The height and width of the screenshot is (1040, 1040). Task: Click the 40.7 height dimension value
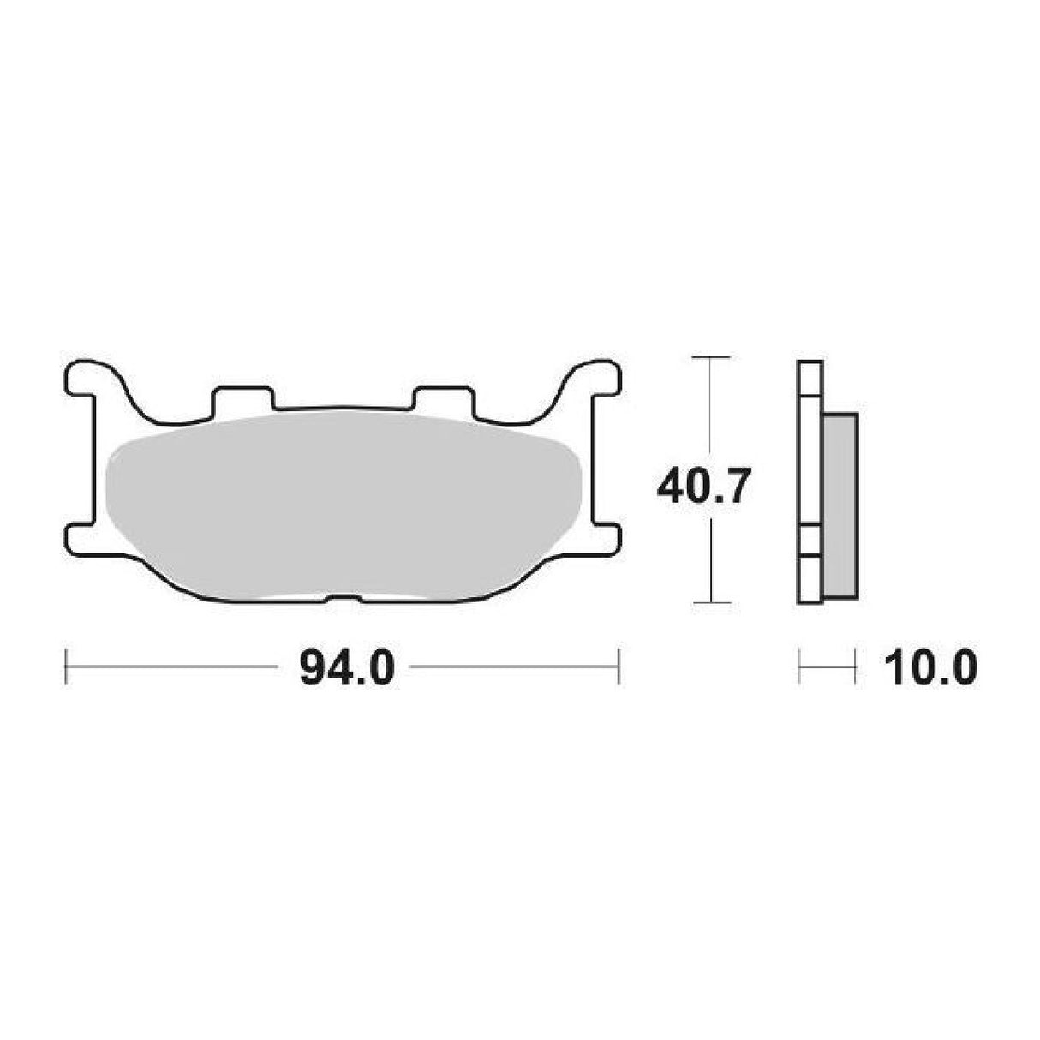(x=705, y=489)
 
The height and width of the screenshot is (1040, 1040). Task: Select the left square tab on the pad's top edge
(x=242, y=399)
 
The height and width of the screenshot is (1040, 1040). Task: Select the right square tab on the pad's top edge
(x=442, y=399)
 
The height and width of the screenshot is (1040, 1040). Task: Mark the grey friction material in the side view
(x=840, y=505)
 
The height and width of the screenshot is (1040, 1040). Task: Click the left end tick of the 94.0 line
(x=66, y=667)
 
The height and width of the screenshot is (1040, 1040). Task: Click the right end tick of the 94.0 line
(x=619, y=667)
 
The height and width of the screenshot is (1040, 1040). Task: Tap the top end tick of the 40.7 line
(x=711, y=356)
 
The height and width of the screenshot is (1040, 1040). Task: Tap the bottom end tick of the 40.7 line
(x=711, y=602)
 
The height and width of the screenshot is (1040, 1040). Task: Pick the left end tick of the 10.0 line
(x=798, y=667)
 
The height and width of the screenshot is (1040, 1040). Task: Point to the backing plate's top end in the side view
(x=810, y=378)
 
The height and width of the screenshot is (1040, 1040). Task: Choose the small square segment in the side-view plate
(x=810, y=541)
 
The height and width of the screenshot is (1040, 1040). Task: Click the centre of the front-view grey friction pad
(x=343, y=505)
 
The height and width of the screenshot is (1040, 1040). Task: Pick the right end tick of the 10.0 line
(x=856, y=667)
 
